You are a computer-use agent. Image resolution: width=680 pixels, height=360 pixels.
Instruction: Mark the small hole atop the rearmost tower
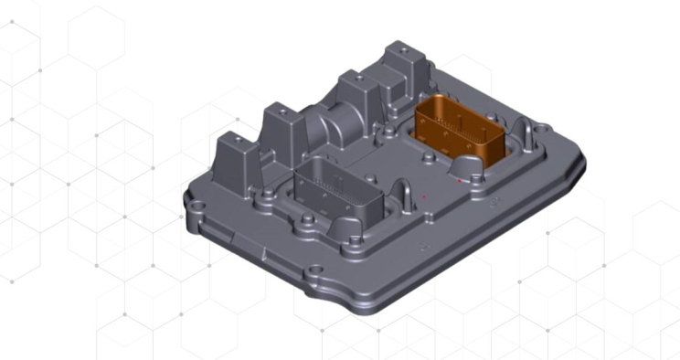tap(399, 48)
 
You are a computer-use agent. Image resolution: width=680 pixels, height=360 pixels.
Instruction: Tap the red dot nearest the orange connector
tap(458, 181)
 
